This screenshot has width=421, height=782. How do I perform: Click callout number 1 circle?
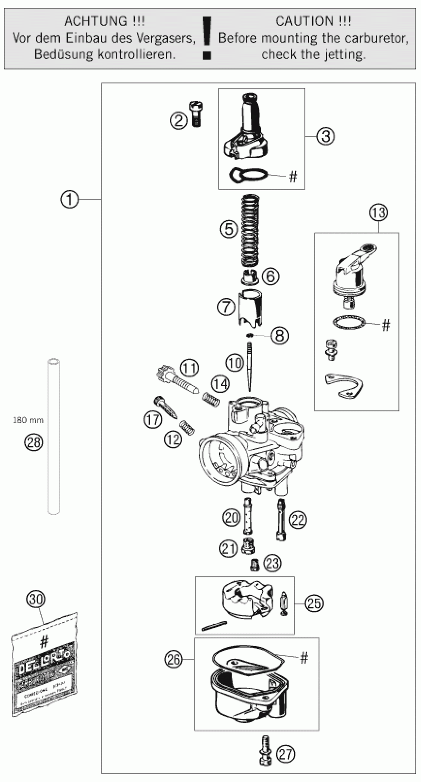tap(69, 199)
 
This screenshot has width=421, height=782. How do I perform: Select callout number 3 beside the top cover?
tap(325, 136)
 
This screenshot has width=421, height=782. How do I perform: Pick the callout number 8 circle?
tap(279, 335)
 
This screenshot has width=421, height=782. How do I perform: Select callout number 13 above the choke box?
tap(378, 213)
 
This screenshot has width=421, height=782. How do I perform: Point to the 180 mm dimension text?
tap(28, 420)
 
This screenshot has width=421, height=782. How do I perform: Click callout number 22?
tap(297, 520)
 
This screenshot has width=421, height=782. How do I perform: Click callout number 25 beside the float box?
tap(314, 603)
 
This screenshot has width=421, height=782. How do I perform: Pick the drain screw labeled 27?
tap(265, 754)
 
